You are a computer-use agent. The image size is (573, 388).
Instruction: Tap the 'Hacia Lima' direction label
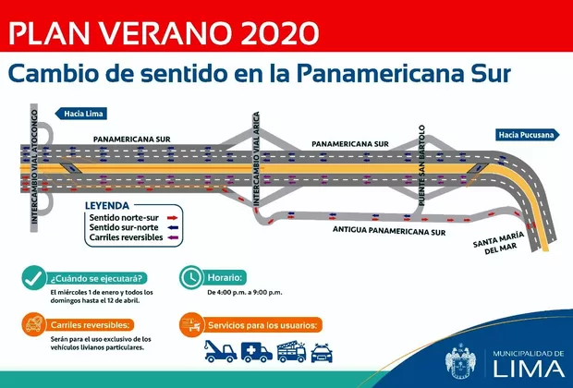[x=85, y=114]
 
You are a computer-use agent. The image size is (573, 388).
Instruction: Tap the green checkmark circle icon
[x=33, y=277]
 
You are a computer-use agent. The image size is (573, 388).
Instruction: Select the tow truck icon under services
[x=218, y=351]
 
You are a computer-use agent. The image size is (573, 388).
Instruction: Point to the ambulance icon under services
[x=257, y=351]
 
